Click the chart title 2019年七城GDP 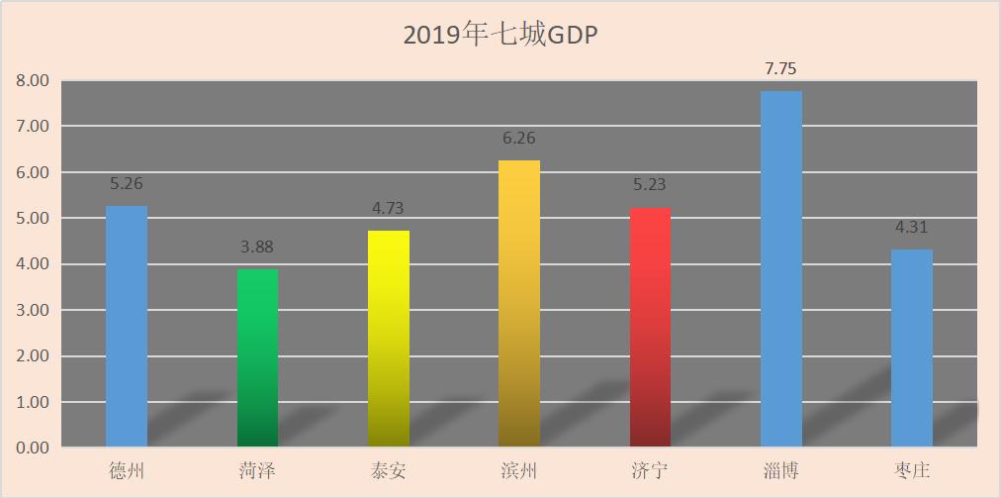click(x=501, y=35)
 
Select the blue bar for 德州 click(x=127, y=327)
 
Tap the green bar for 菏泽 click(x=257, y=358)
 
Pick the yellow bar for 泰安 click(x=389, y=339)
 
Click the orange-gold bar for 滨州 click(x=519, y=304)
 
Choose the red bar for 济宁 click(x=650, y=328)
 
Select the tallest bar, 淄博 click(x=780, y=269)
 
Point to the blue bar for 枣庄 click(x=911, y=349)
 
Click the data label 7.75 click(x=780, y=69)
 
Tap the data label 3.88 click(x=257, y=248)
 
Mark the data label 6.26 click(x=519, y=139)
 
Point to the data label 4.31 click(x=911, y=227)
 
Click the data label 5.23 click(x=650, y=184)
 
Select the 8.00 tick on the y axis click(x=33, y=81)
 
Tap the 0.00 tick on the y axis click(x=33, y=448)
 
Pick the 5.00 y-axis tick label click(x=33, y=219)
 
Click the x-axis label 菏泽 click(x=257, y=470)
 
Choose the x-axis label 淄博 click(x=780, y=470)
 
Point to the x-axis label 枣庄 click(x=911, y=470)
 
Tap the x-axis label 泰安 click(x=389, y=470)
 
